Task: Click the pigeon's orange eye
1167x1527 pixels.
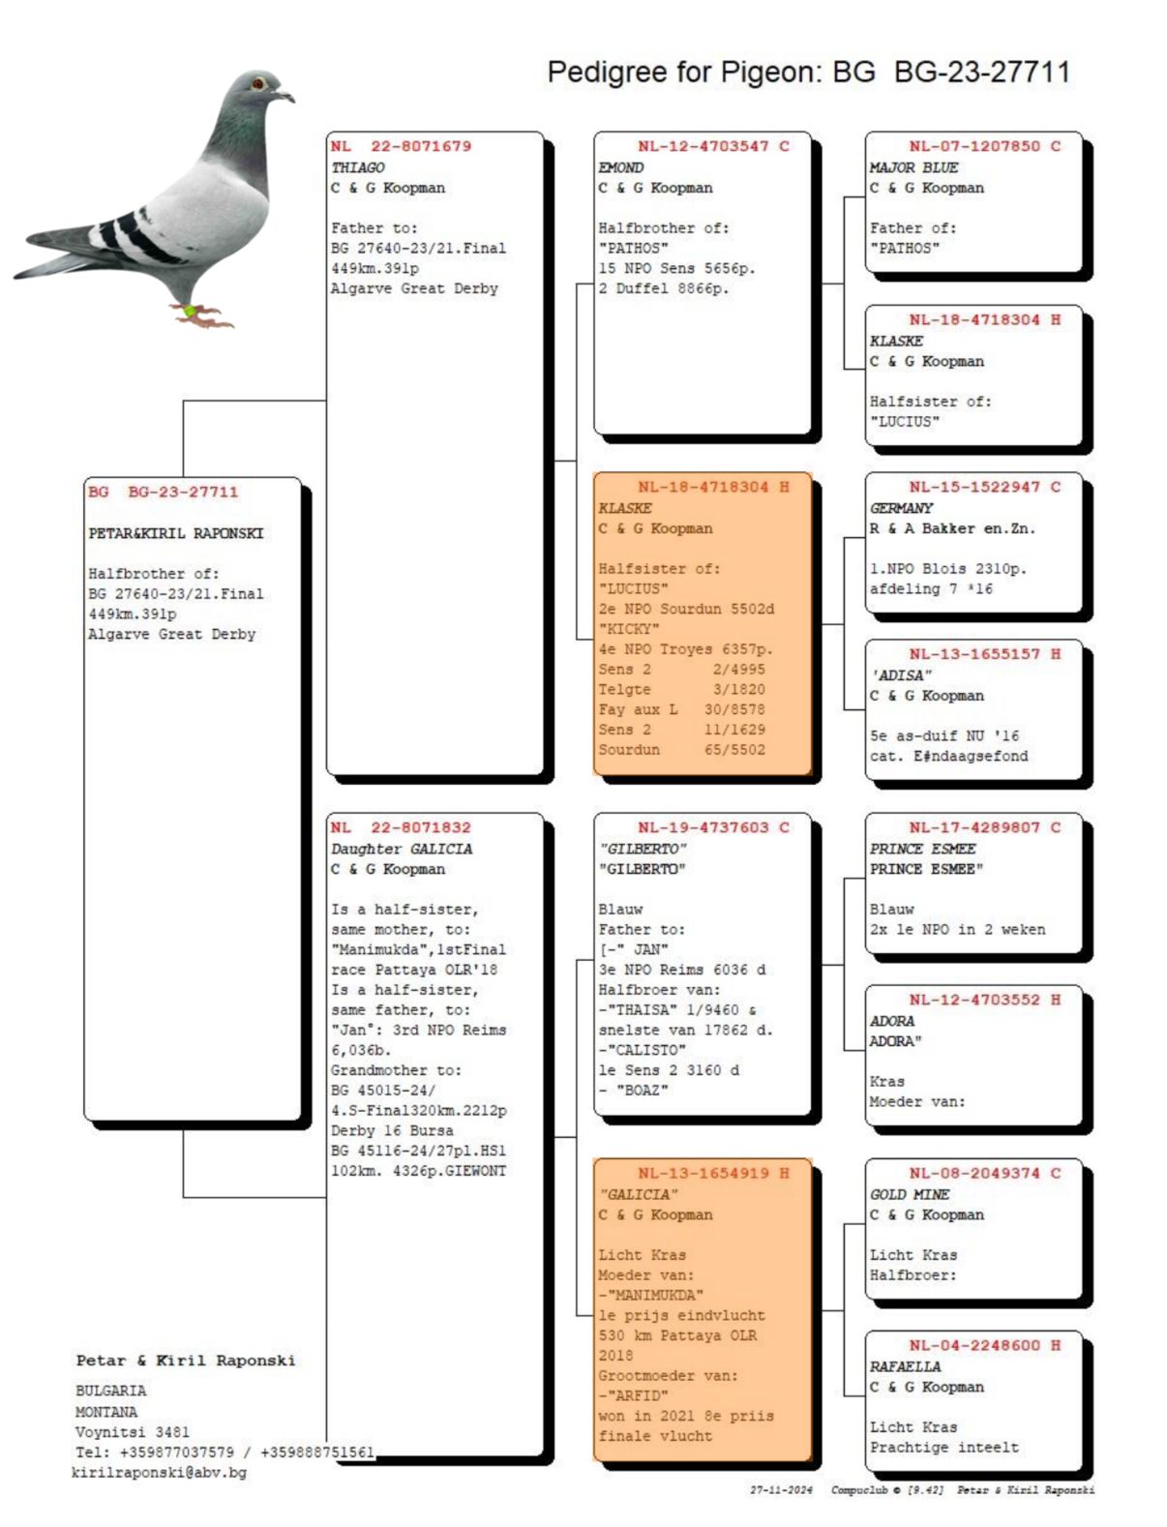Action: click(258, 84)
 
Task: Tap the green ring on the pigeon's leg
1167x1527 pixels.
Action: click(191, 311)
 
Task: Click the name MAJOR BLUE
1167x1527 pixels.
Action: click(913, 167)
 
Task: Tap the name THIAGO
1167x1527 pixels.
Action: click(358, 167)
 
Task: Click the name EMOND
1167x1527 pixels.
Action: click(620, 167)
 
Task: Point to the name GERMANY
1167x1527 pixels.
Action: click(901, 508)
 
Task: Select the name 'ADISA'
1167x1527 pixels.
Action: click(901, 675)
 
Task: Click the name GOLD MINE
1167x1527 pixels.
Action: click(910, 1194)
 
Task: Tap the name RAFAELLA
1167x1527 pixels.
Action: click(905, 1366)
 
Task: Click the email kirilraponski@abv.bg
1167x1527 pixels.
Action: click(159, 1472)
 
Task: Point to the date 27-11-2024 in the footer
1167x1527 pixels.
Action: click(781, 1490)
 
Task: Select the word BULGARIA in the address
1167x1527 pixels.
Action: click(111, 1391)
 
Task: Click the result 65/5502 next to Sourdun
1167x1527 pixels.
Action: click(734, 750)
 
